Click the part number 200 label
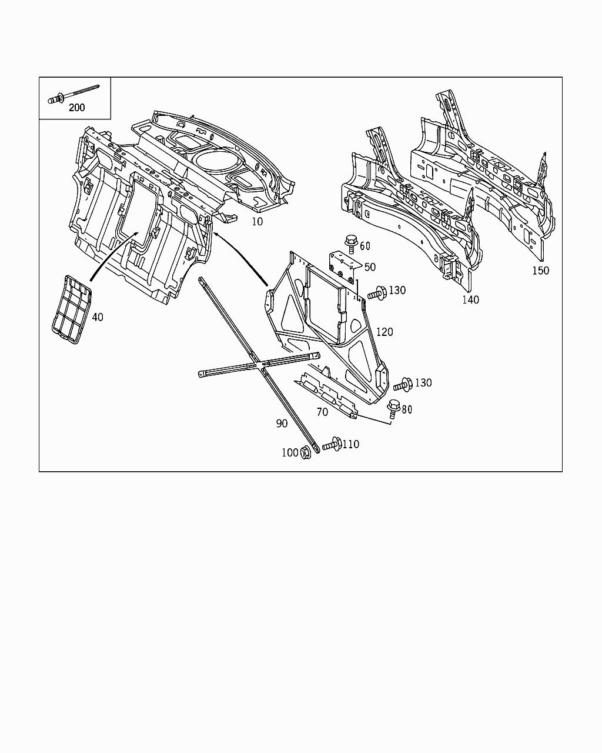[76, 108]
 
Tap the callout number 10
[257, 222]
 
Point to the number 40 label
[98, 317]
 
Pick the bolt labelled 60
[350, 241]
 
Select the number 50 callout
[370, 267]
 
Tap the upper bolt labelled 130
[376, 292]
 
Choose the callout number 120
[384, 332]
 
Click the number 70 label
[322, 412]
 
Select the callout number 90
[282, 424]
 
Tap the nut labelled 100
[306, 452]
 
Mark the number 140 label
[470, 300]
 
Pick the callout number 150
[540, 271]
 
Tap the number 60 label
[365, 246]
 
